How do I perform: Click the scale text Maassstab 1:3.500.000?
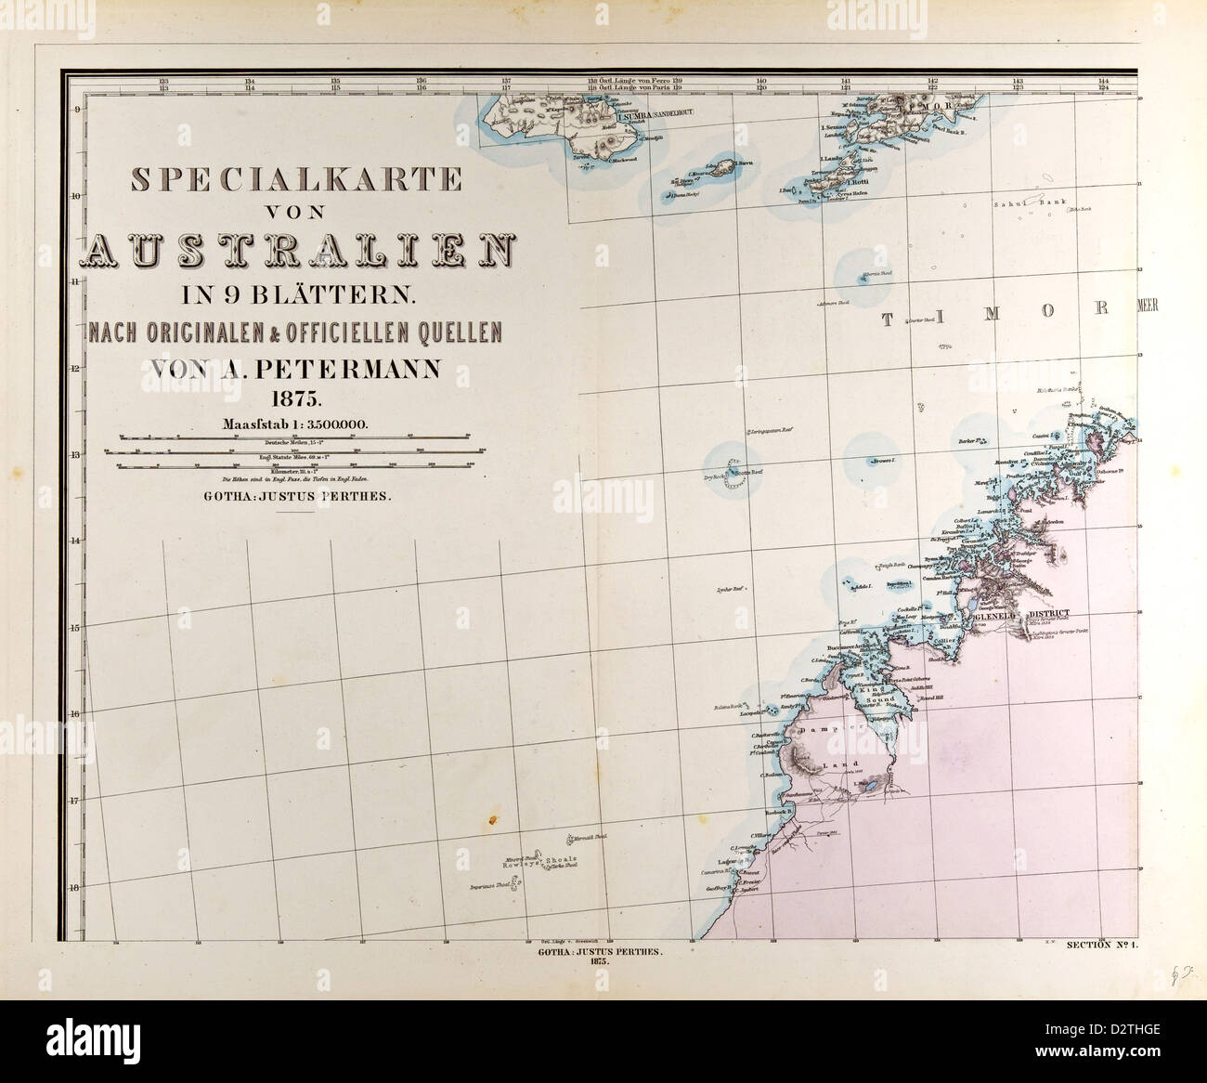(296, 424)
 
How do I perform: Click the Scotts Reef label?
(748, 471)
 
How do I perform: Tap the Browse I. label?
(881, 461)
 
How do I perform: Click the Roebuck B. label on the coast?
(775, 811)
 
